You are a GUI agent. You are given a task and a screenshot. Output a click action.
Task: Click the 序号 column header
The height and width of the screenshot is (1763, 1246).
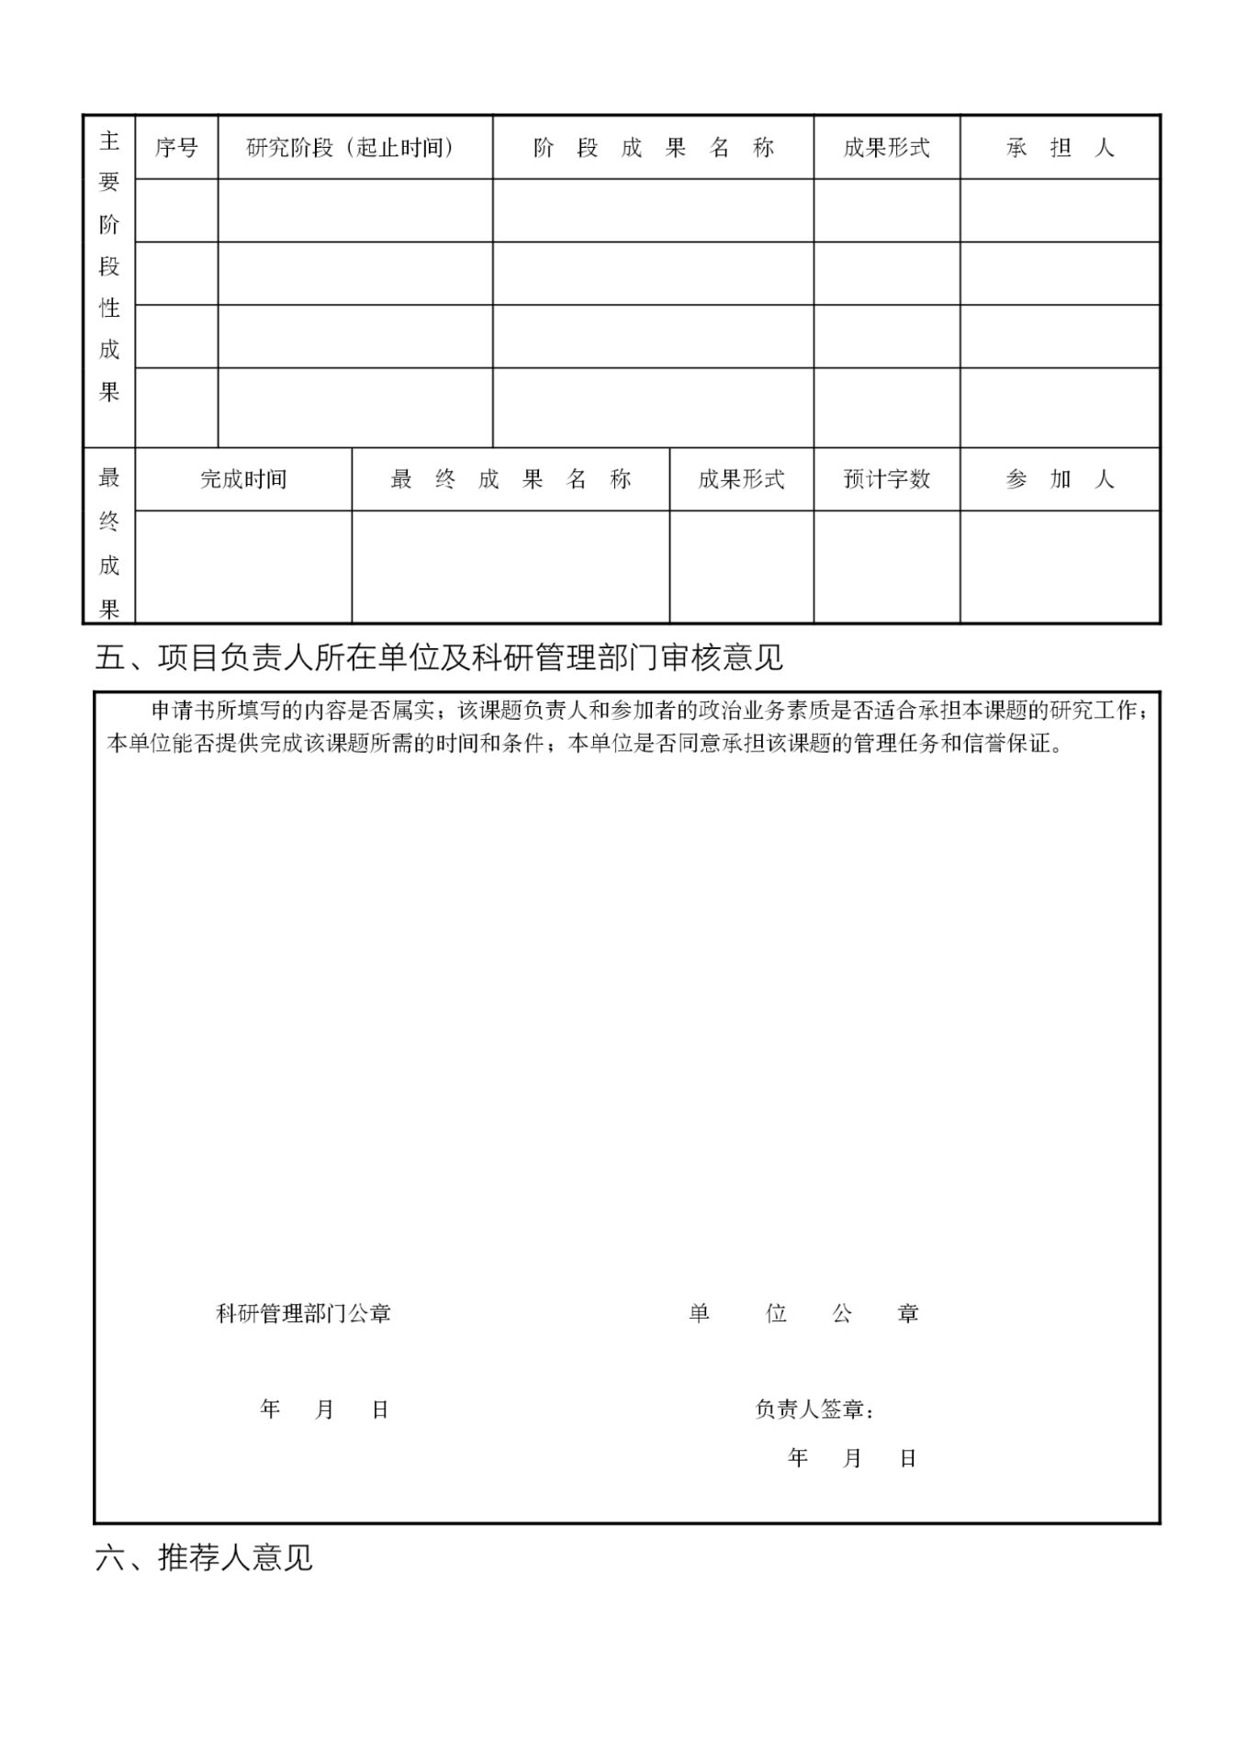(x=176, y=148)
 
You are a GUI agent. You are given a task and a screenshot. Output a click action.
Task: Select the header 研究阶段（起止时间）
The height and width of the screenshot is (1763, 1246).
(x=350, y=148)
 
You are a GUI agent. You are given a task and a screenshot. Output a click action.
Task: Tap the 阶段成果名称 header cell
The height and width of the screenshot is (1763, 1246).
(x=653, y=148)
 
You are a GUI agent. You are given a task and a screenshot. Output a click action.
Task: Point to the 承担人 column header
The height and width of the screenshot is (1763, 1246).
(x=1060, y=148)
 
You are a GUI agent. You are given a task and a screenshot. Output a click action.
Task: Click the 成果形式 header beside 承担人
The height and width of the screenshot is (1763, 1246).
(x=886, y=148)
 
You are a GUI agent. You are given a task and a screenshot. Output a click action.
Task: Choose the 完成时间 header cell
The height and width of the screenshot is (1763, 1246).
(x=243, y=479)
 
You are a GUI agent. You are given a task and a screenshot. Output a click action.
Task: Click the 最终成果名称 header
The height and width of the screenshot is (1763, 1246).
(x=511, y=479)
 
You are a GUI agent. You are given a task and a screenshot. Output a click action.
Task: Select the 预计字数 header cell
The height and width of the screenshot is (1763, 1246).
(x=886, y=479)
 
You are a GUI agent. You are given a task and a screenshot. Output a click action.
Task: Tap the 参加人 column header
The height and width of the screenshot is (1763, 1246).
(x=1060, y=479)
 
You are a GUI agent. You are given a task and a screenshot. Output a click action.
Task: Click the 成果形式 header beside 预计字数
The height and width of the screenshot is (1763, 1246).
(x=741, y=479)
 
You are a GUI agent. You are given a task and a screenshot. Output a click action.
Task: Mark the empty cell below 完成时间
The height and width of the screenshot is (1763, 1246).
(x=243, y=566)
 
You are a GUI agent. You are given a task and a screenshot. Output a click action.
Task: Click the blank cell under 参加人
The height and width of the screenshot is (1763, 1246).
(x=1060, y=566)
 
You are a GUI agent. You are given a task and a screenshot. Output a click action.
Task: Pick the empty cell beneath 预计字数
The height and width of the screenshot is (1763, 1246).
(x=886, y=566)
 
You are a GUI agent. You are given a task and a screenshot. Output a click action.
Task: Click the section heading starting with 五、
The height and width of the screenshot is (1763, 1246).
(x=439, y=657)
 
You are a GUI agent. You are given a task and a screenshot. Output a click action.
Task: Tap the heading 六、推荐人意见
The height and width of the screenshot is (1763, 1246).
(x=204, y=1557)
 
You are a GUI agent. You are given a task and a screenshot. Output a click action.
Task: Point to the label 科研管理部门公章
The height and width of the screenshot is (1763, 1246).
(x=303, y=1314)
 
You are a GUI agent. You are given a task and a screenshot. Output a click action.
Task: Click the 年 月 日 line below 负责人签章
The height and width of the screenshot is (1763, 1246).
(x=852, y=1458)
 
